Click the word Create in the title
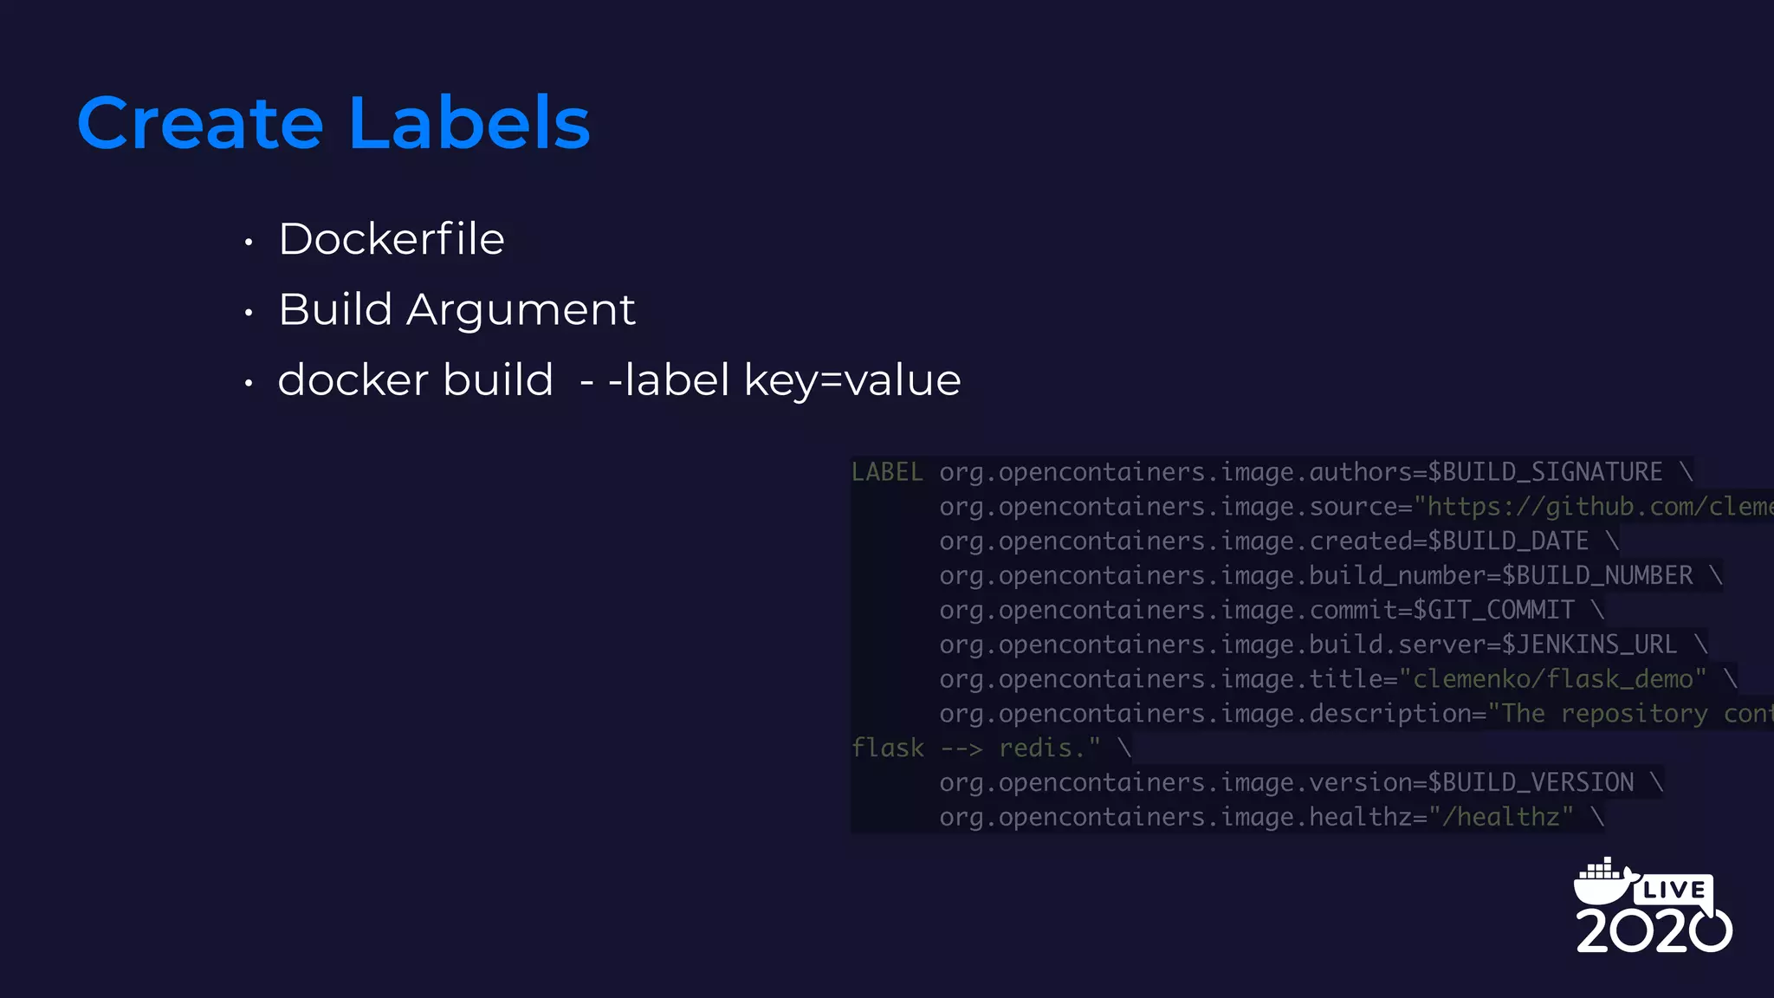pos(200,123)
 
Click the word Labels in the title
pos(469,123)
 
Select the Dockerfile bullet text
pos(392,239)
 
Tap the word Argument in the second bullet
pos(521,310)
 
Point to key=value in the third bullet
pos(852,380)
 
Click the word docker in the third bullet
pos(353,380)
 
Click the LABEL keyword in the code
pos(887,472)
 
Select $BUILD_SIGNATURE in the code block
pos(1544,472)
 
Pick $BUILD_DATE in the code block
pos(1508,541)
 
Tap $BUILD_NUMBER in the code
pos(1596,576)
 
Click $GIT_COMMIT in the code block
pos(1493,611)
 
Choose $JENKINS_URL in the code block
pos(1589,645)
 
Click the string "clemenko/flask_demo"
pos(1552,679)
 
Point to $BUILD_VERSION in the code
pos(1531,782)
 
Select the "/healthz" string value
pos(1500,817)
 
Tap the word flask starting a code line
pos(887,748)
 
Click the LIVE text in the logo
pos(1674,890)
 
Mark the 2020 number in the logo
pos(1653,931)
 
